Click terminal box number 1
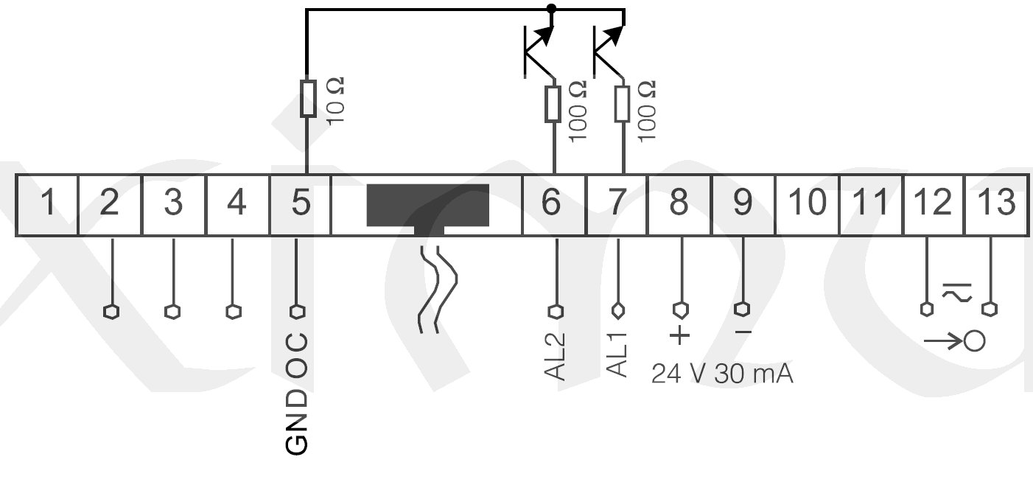tap(47, 203)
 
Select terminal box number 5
tap(300, 203)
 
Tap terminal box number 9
tap(743, 203)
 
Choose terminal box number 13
tap(996, 203)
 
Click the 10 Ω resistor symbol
tap(309, 98)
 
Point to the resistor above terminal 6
tap(553, 103)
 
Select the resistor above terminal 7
tap(623, 103)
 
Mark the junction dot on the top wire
tap(551, 9)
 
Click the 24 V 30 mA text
tap(721, 374)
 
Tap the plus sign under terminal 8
tap(680, 335)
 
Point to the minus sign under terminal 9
tap(743, 333)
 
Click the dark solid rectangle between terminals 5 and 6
tap(427, 205)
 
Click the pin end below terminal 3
tap(172, 311)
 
